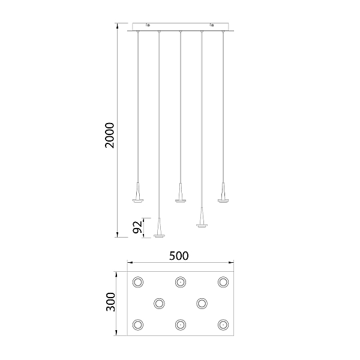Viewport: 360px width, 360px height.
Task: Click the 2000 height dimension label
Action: tap(110, 136)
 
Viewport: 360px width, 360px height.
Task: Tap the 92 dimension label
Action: tap(137, 227)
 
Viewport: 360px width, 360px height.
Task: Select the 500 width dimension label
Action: tap(179, 256)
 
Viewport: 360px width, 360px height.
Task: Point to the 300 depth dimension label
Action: tap(110, 302)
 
